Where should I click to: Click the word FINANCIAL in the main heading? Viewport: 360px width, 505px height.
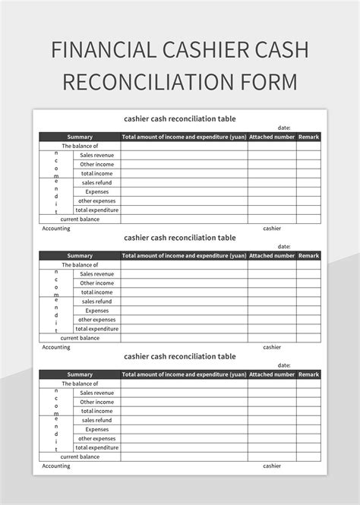click(x=105, y=50)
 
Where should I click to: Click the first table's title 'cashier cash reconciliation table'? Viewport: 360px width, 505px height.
click(x=180, y=118)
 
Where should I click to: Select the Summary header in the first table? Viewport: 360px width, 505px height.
click(x=80, y=137)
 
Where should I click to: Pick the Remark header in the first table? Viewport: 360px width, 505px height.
click(x=308, y=137)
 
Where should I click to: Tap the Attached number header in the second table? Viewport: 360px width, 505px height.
click(x=272, y=256)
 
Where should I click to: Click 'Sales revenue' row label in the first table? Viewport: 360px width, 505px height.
click(x=97, y=155)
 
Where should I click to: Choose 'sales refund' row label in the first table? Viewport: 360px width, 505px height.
click(x=97, y=182)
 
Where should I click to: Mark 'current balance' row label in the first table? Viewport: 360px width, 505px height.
click(x=80, y=219)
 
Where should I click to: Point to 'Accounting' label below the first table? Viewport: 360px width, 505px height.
click(x=56, y=228)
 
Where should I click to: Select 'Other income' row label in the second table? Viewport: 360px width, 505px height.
click(x=97, y=282)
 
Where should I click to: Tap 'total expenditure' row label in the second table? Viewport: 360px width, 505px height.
click(x=97, y=328)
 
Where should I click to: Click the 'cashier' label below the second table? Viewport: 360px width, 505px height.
click(x=272, y=347)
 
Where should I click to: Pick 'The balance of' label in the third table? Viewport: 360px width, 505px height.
click(x=80, y=383)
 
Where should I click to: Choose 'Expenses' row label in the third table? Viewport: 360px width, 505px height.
click(x=97, y=429)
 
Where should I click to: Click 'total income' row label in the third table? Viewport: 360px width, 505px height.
click(x=97, y=411)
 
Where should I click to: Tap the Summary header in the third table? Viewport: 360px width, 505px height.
click(x=80, y=374)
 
